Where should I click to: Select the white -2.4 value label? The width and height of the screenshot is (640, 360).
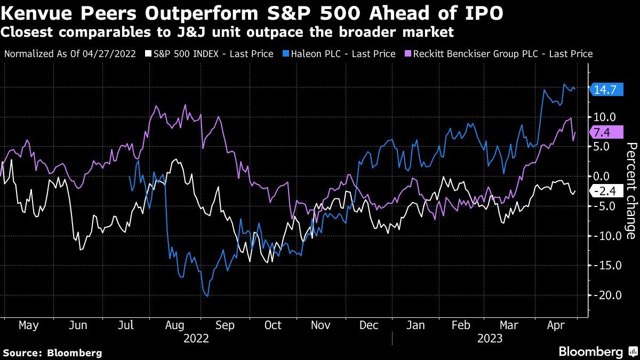pos(606,191)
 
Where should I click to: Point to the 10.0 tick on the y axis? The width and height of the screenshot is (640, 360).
pos(605,116)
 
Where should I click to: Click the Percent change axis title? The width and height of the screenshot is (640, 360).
pos(630,191)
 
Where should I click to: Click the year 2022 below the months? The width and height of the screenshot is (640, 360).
pos(196,338)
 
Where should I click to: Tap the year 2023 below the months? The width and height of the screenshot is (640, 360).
pos(490,338)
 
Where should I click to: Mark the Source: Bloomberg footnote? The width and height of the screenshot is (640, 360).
pos(52,353)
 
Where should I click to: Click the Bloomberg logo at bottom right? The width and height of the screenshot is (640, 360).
pos(597,351)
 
